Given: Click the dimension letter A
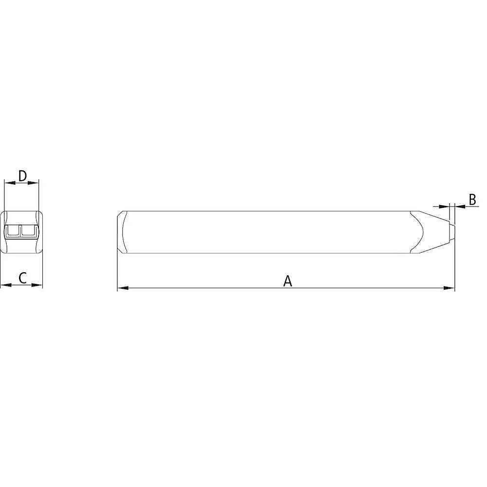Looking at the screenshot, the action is pyautogui.click(x=288, y=281).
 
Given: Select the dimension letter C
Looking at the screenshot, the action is pyautogui.click(x=23, y=278).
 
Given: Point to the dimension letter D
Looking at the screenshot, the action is pyautogui.click(x=23, y=176).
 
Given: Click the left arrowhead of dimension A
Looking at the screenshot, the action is pyautogui.click(x=123, y=288).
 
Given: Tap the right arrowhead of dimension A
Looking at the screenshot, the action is pyautogui.click(x=449, y=288).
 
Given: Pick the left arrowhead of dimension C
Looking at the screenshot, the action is pyautogui.click(x=6, y=285).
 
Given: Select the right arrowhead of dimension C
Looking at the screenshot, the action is pyautogui.click(x=37, y=285).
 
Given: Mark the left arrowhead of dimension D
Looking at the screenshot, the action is pyautogui.click(x=10, y=183).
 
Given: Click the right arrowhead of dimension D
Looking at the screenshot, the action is pyautogui.click(x=33, y=183).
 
